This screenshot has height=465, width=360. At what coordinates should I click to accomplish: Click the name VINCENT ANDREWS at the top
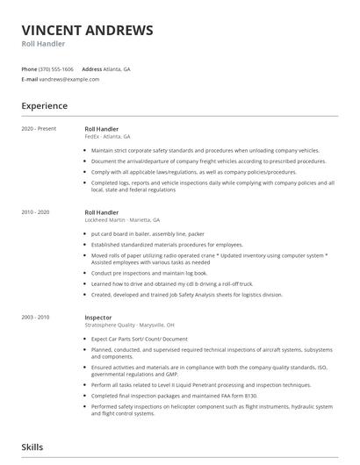[x=87, y=31]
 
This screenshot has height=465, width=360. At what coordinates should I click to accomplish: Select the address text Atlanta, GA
[x=118, y=68]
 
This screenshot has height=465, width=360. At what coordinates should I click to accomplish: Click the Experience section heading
[x=45, y=106]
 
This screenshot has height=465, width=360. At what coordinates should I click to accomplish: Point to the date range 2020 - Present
[x=39, y=129]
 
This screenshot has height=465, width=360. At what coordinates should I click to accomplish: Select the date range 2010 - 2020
[x=36, y=211]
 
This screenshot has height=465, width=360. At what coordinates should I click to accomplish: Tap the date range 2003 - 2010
[x=36, y=316]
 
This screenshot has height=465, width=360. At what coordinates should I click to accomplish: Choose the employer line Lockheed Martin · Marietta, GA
[x=122, y=219]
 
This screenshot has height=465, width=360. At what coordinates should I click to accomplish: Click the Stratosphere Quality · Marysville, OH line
[x=129, y=324]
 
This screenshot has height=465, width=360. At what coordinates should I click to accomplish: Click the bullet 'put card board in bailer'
[x=148, y=234]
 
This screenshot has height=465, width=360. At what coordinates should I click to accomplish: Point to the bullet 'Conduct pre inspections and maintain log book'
[x=149, y=273]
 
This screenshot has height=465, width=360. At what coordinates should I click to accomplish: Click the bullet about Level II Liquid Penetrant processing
[x=200, y=385]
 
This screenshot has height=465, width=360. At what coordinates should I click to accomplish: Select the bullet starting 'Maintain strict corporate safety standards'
[x=194, y=151]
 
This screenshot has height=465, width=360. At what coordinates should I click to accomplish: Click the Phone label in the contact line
[x=29, y=68]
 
